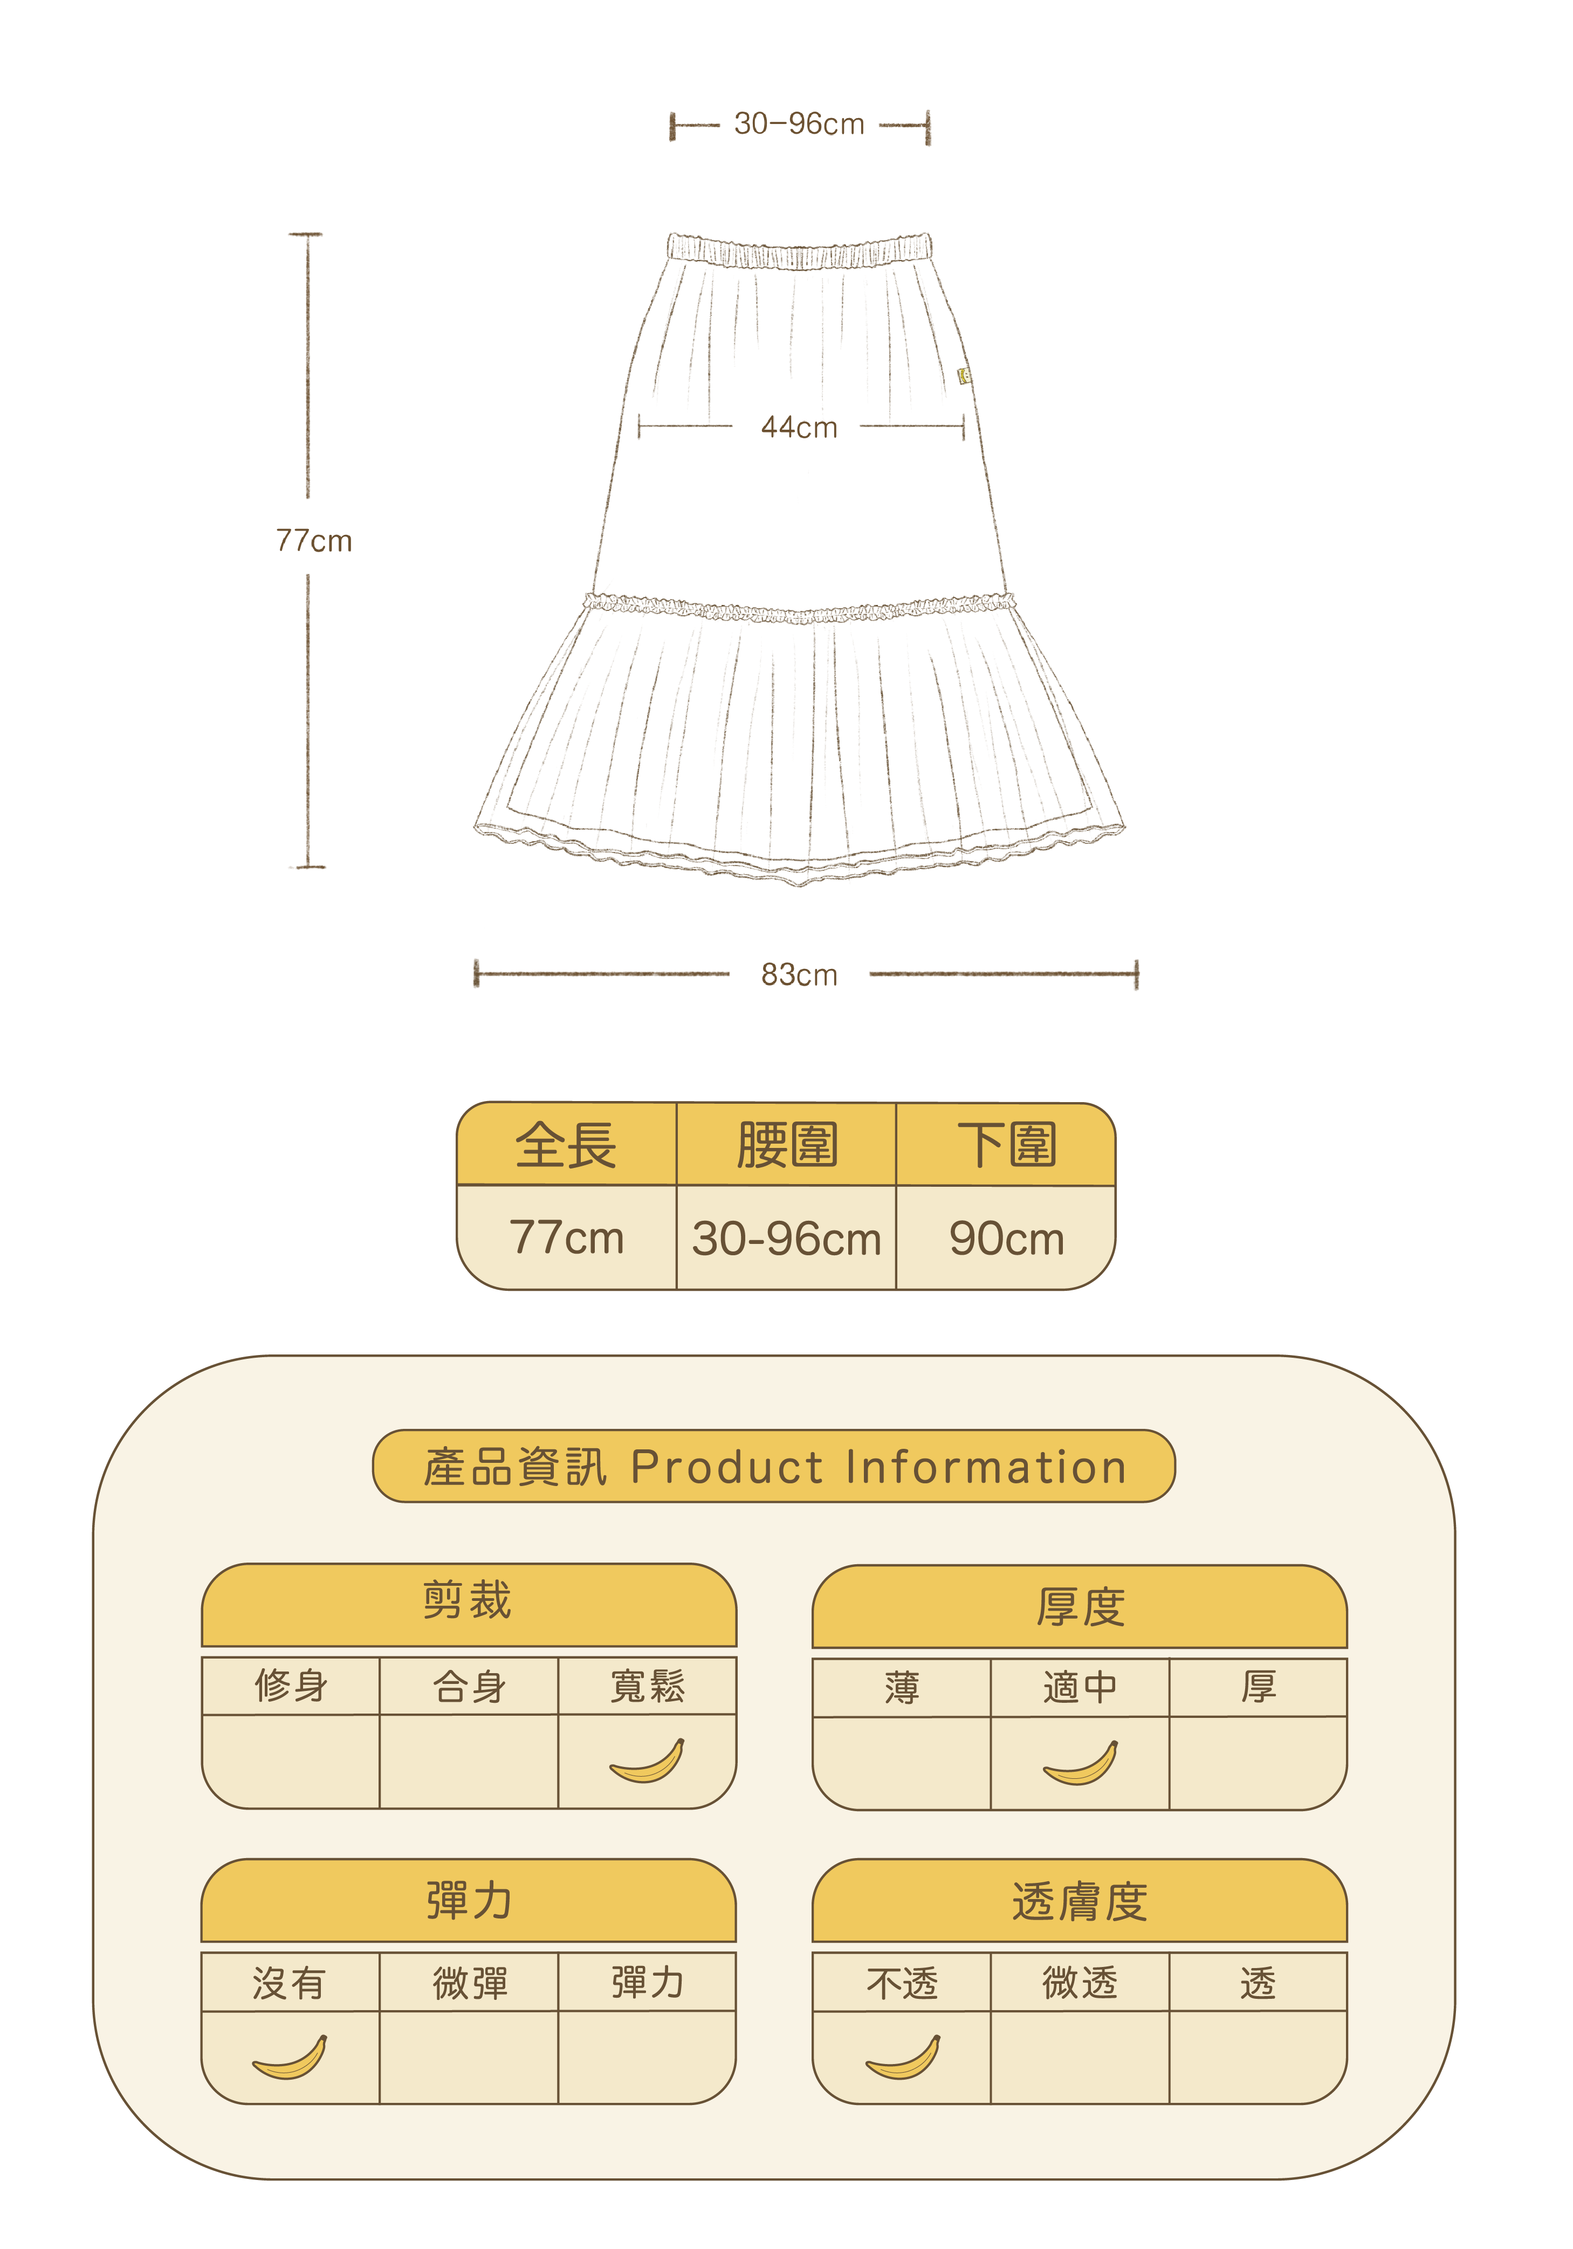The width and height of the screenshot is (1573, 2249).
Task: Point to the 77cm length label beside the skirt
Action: [x=313, y=541]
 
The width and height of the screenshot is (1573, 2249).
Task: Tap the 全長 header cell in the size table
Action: [x=566, y=1145]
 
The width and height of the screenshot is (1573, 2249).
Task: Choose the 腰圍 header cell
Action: [x=786, y=1145]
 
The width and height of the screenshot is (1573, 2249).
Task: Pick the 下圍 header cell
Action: [x=1006, y=1145]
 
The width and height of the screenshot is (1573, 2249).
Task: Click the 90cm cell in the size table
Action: [x=1006, y=1238]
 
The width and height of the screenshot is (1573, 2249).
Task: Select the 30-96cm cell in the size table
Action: [x=786, y=1238]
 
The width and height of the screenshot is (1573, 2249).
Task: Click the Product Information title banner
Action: [x=774, y=1467]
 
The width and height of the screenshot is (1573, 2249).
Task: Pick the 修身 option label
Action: [x=290, y=1686]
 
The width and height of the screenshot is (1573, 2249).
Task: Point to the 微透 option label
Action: [x=1080, y=1983]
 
